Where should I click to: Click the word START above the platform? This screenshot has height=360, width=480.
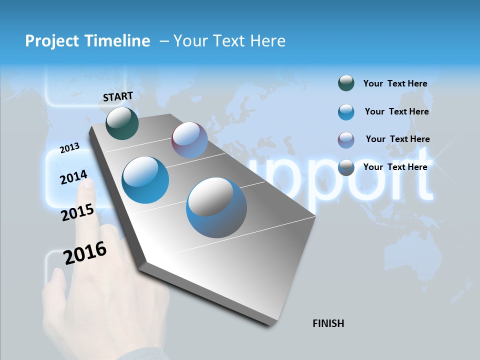tap(118, 96)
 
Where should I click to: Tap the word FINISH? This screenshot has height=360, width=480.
tap(328, 323)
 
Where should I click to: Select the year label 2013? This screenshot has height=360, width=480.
tap(69, 148)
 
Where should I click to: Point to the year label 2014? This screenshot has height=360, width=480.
tap(73, 177)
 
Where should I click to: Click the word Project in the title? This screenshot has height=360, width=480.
tap(51, 41)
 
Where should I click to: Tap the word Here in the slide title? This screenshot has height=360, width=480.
tap(267, 41)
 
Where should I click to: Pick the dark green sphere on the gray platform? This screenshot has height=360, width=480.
tap(122, 123)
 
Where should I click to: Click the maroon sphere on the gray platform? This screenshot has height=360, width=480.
tap(189, 140)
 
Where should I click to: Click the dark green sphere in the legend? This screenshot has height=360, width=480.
tap(346, 83)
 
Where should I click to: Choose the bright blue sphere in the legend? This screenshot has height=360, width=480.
tap(346, 112)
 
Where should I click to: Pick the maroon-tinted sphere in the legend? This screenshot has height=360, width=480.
tap(346, 140)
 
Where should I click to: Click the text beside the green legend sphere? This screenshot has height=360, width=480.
tap(395, 83)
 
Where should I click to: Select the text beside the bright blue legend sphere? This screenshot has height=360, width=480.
tap(396, 111)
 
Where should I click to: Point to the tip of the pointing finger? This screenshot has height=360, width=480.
tap(87, 184)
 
